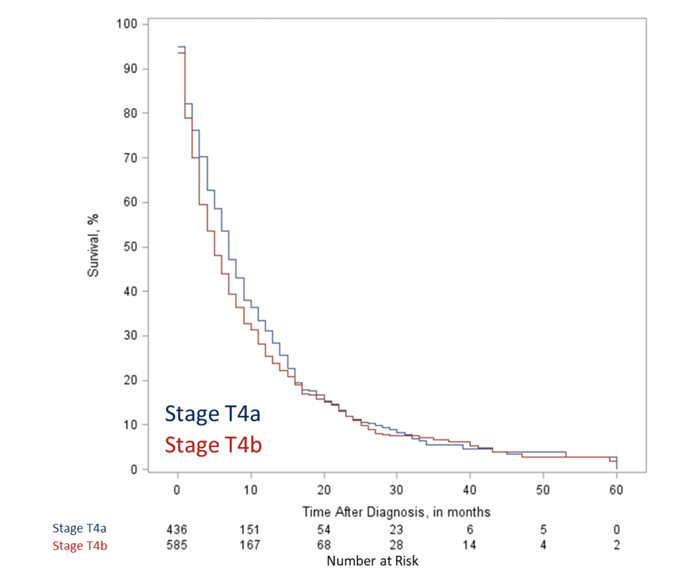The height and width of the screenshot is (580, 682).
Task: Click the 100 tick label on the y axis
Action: (x=126, y=24)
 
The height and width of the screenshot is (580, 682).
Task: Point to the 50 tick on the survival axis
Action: (x=130, y=247)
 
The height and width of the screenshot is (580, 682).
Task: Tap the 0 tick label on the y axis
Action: (x=133, y=470)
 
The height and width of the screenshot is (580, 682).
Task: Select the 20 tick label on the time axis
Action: (x=324, y=490)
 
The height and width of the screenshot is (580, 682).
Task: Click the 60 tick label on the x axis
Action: (x=616, y=490)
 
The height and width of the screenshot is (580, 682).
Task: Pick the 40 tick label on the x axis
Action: (x=469, y=490)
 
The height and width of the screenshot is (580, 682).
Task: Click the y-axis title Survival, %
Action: (x=93, y=246)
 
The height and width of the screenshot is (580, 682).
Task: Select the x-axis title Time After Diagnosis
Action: (x=396, y=512)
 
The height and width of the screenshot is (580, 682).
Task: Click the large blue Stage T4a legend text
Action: (x=213, y=414)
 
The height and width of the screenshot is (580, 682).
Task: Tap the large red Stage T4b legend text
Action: (x=213, y=445)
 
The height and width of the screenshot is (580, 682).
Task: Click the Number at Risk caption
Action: (x=372, y=561)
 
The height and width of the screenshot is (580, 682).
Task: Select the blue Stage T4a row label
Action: (x=80, y=528)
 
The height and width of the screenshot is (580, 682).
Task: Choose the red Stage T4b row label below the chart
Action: (x=80, y=546)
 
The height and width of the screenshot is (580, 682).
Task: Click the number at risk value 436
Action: (x=177, y=530)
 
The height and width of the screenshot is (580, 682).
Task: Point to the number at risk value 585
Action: (x=177, y=545)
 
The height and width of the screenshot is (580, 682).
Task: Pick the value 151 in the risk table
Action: (x=250, y=530)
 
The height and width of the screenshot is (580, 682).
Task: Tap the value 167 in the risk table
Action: (x=250, y=545)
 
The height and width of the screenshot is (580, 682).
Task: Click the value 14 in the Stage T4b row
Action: (x=469, y=545)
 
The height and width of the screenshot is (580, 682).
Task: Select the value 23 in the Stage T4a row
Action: (x=396, y=530)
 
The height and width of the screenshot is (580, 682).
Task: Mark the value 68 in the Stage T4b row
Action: (x=324, y=545)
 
